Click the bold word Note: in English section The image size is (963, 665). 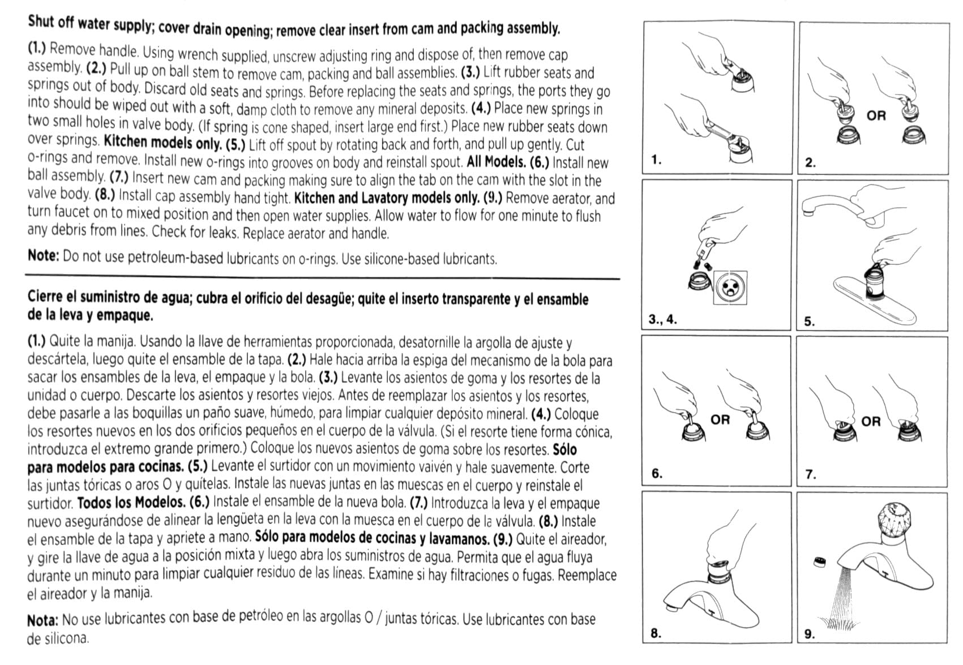point(43,256)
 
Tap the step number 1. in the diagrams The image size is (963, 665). point(656,160)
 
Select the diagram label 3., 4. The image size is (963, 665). point(662,319)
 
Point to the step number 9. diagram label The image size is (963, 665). point(810,634)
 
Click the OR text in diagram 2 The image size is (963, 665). point(876,115)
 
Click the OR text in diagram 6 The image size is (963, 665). point(720,420)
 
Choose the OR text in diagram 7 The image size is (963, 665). point(871,422)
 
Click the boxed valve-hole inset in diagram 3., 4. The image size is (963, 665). point(730,288)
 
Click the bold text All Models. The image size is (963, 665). point(496,162)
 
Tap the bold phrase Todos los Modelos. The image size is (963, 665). point(131,503)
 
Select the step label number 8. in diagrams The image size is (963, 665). point(656,633)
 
